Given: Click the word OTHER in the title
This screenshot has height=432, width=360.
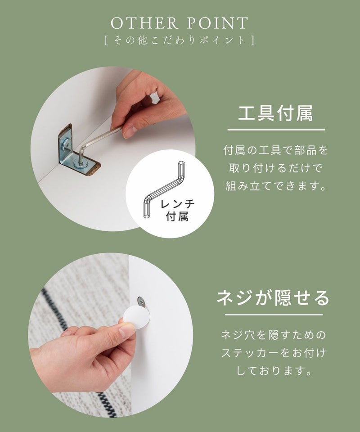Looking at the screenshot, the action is pyautogui.click(x=144, y=23).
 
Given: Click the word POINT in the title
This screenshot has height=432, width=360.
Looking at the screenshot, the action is pyautogui.click(x=218, y=23).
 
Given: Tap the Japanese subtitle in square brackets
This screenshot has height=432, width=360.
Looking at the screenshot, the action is pyautogui.click(x=180, y=40).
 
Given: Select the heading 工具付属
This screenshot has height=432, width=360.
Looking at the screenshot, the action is pyautogui.click(x=276, y=113).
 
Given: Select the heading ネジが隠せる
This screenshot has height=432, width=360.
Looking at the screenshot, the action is pyautogui.click(x=273, y=297).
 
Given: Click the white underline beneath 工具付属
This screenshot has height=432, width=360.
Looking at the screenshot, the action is pyautogui.click(x=276, y=130).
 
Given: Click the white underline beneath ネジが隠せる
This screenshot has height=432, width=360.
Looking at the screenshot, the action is pyautogui.click(x=274, y=315).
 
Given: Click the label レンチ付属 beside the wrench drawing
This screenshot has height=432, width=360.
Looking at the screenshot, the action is pyautogui.click(x=177, y=210).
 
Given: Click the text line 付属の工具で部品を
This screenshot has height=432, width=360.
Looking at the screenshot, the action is pyautogui.click(x=276, y=150).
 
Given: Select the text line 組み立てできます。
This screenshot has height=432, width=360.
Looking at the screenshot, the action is pyautogui.click(x=276, y=186).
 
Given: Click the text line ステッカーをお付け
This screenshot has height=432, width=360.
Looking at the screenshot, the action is pyautogui.click(x=274, y=353).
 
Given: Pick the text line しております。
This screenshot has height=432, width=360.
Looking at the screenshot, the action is pyautogui.click(x=274, y=371).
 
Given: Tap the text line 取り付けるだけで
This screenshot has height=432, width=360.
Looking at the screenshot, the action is pyautogui.click(x=275, y=168).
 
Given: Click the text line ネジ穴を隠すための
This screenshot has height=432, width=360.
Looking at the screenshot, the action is pyautogui.click(x=274, y=335).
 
